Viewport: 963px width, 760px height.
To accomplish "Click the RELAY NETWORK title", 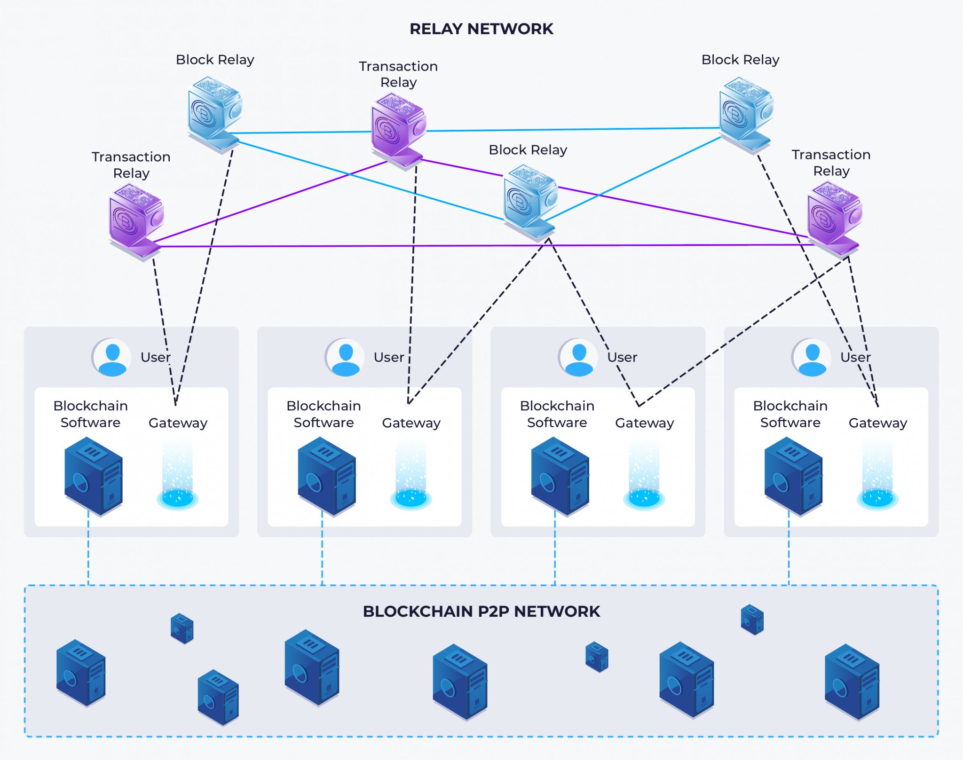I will (x=481, y=29).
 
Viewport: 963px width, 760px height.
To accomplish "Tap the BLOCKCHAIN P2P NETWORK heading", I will (x=481, y=611).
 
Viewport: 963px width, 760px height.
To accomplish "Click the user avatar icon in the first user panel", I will (x=112, y=358).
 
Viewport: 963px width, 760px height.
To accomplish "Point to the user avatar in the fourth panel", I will (x=812, y=358).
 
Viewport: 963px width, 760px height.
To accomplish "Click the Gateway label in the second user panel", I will (x=411, y=423).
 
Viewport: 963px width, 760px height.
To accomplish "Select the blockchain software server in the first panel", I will (x=93, y=476).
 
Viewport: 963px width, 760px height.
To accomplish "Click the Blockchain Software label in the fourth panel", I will (x=790, y=414).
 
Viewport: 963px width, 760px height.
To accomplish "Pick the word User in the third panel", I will (x=622, y=358).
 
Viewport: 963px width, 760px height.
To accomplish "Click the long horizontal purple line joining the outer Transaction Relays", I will (x=470, y=245).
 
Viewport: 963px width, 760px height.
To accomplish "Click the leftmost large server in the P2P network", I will (x=80, y=672).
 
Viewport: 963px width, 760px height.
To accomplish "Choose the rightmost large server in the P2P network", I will (x=852, y=681).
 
